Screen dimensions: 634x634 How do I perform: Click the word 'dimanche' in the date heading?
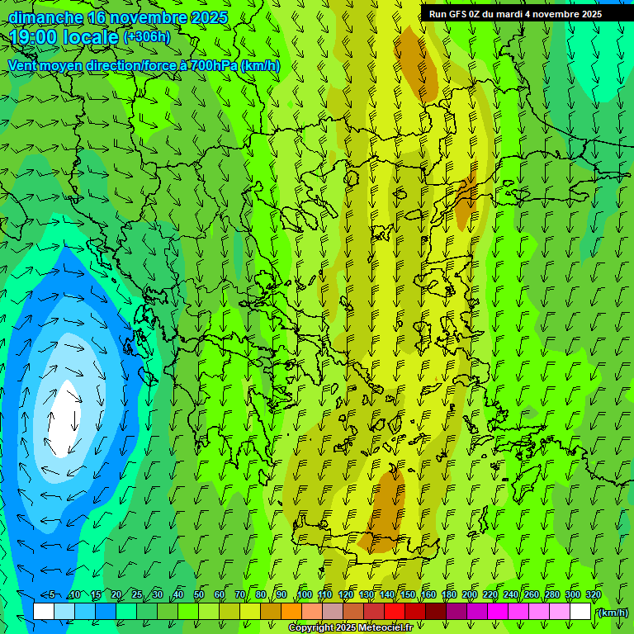point(45,17)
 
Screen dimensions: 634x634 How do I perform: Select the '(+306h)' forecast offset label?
point(146,36)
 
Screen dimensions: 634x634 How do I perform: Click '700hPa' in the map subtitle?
point(214,65)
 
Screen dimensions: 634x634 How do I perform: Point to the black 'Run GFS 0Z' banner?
point(527,14)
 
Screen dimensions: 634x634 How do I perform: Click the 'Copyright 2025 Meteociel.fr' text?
point(350,628)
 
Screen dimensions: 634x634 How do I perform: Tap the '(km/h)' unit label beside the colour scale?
point(612,612)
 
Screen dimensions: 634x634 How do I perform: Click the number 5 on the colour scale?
point(51,595)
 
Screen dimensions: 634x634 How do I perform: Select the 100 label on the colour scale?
point(305,595)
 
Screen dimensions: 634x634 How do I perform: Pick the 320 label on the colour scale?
point(594,595)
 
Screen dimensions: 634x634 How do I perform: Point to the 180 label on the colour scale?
point(449,595)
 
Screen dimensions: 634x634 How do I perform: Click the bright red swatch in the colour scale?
point(395,611)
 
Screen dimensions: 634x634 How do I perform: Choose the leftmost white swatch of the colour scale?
point(44,611)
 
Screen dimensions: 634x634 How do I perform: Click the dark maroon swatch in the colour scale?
point(436,611)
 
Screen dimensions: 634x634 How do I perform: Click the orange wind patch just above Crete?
point(386,504)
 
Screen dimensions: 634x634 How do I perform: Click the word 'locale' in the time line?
point(93,37)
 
